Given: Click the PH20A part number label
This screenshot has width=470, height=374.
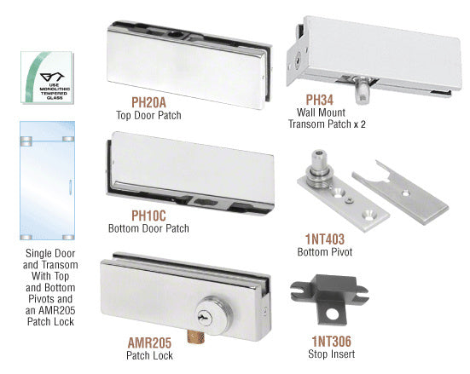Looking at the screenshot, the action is click(148, 102).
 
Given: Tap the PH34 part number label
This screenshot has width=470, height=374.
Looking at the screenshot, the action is click(320, 100).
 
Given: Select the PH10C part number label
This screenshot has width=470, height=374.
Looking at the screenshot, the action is click(148, 216).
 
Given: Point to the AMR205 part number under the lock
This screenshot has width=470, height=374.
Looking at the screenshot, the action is click(149, 342).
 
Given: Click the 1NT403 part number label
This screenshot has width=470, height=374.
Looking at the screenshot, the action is click(325, 239).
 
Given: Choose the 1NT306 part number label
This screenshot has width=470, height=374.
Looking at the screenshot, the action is click(332, 342).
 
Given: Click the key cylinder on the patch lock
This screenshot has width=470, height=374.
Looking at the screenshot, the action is click(214, 314).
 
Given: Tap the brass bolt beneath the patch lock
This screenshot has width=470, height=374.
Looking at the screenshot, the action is click(195, 337).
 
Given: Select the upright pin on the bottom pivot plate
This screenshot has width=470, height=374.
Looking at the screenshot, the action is click(320, 169).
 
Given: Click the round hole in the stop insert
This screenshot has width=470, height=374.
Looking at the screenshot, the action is click(332, 314).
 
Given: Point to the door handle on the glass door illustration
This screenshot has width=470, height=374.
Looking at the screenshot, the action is click(70, 187).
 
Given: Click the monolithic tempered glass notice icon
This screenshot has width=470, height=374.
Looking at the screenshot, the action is click(48, 78).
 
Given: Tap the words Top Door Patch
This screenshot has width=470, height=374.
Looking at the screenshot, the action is click(148, 115).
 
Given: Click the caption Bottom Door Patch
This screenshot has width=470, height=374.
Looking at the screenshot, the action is click(148, 228).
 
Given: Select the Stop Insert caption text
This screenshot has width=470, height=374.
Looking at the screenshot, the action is click(332, 354).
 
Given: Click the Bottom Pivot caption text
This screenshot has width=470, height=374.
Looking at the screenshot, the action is click(325, 252).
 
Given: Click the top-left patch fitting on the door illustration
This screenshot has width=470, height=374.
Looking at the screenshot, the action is click(26, 141).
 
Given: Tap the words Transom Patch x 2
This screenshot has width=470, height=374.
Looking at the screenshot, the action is click(327, 124).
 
